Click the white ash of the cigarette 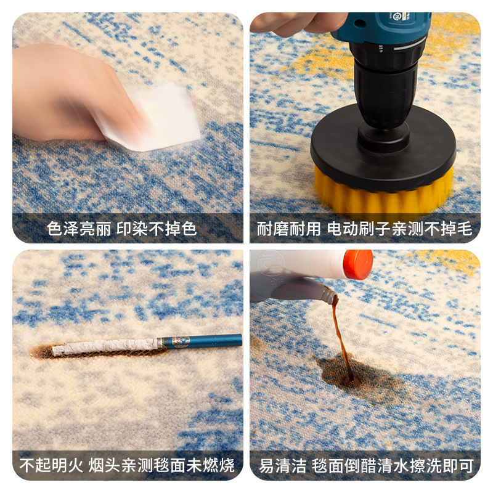point(105,347)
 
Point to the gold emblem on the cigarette point(180,342)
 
